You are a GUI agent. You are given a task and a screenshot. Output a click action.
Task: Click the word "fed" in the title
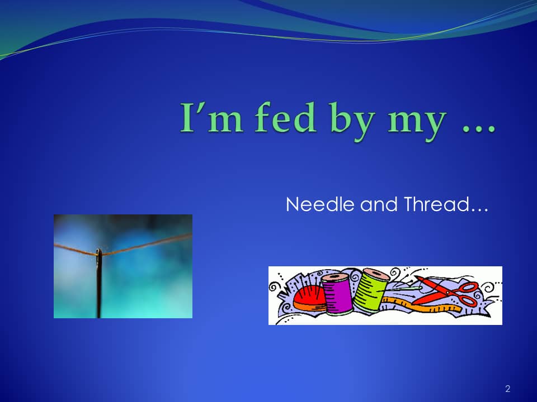click(x=285, y=117)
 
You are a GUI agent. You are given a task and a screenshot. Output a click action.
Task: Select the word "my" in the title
click(x=417, y=125)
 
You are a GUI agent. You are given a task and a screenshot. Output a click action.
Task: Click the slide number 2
click(x=507, y=389)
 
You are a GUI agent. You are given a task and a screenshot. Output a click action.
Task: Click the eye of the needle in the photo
click(x=98, y=255)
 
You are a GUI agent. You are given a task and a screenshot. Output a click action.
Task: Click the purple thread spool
click(x=337, y=293)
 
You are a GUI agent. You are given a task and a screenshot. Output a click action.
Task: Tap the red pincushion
click(x=309, y=298)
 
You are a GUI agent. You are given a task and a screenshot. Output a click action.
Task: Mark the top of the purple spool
click(x=335, y=277)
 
